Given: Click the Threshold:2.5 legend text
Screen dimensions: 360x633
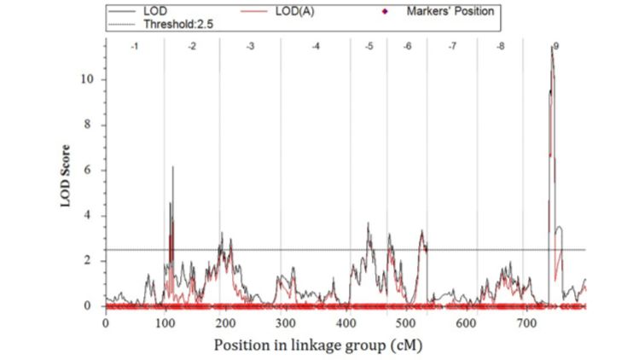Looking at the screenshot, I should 177,24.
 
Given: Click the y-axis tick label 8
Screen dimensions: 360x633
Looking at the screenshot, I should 89,125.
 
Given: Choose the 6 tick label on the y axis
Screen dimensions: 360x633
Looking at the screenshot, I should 89,171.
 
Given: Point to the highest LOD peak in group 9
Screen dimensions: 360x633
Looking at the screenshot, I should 552,47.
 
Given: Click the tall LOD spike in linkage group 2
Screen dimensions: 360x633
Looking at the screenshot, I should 172,167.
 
